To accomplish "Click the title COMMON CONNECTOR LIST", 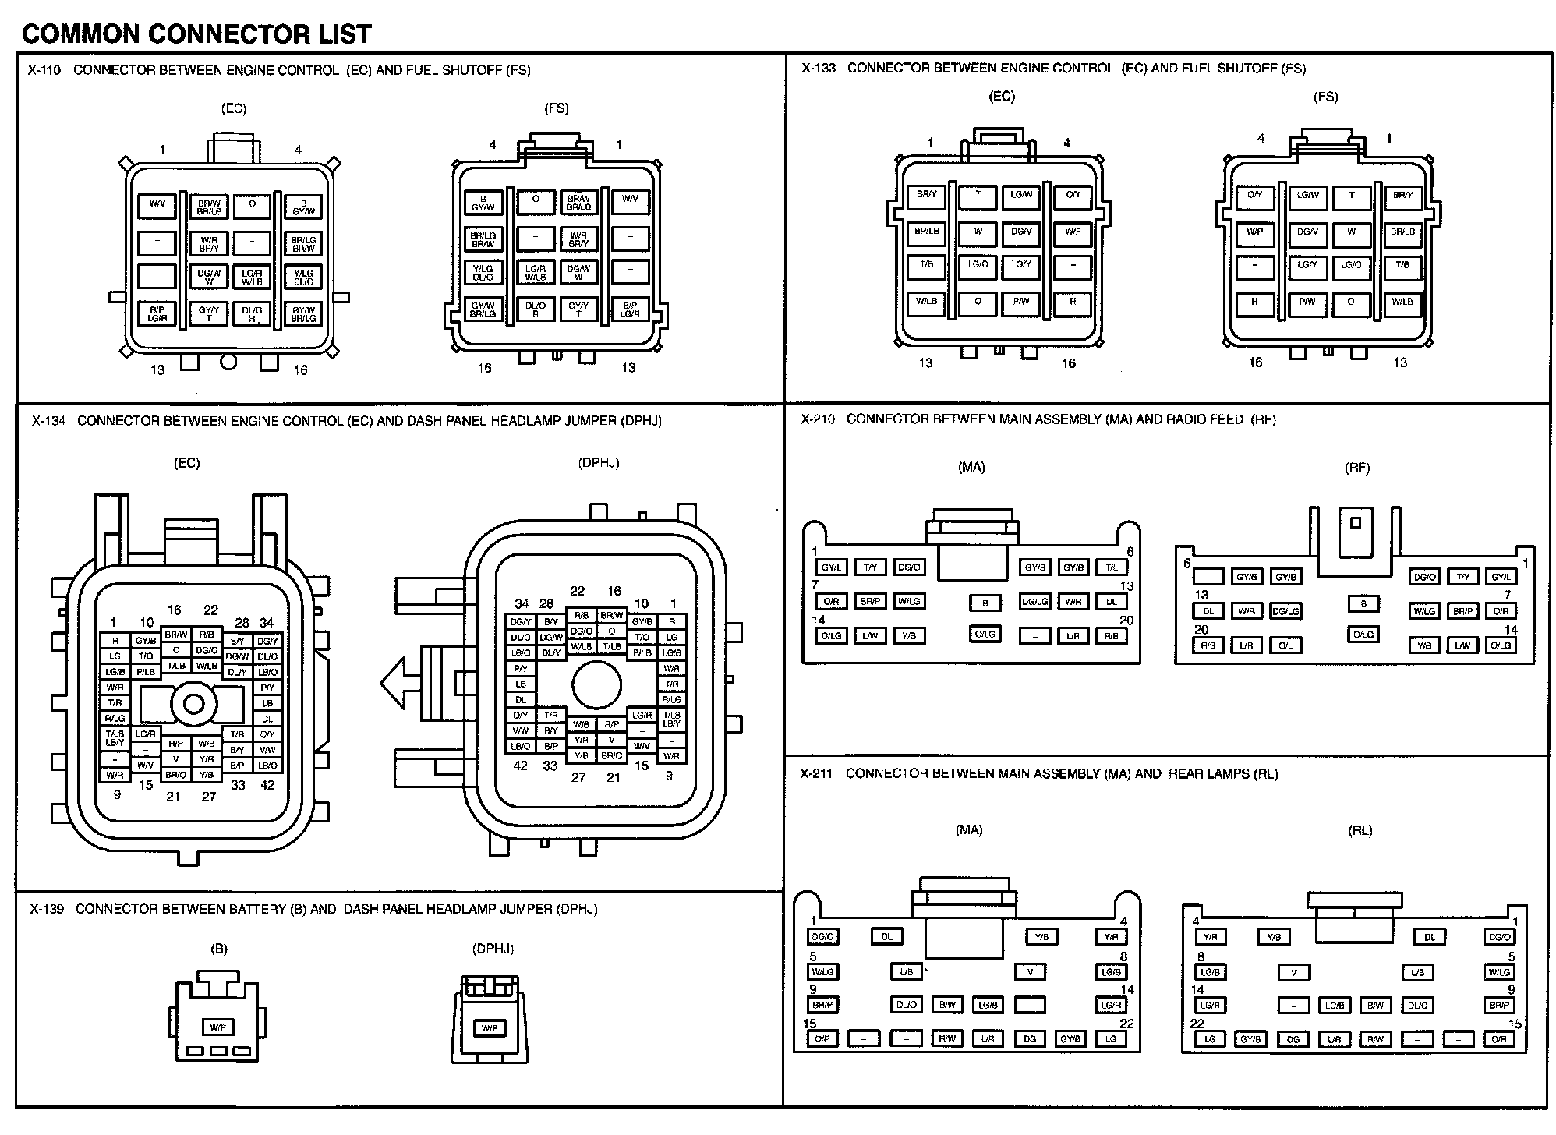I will point(196,34).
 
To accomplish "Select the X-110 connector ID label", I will point(44,70).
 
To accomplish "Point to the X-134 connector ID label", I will point(48,421).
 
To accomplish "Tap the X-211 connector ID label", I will point(816,773).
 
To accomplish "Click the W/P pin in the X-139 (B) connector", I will point(218,1027).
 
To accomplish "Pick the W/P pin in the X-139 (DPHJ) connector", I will point(490,1028).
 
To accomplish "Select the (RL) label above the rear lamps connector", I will point(1360,831).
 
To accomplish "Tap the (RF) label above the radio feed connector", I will point(1357,468).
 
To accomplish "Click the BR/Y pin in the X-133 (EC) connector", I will point(926,195).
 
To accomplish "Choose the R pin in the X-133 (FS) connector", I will point(1254,302).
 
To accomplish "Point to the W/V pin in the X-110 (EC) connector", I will point(157,204).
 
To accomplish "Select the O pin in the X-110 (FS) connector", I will point(536,200).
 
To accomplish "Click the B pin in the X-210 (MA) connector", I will point(985,603).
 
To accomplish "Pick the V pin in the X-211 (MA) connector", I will point(1030,972).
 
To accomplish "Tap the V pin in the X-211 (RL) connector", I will point(1294,972).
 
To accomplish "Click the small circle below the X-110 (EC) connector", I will point(228,361).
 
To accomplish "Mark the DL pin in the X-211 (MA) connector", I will point(886,936).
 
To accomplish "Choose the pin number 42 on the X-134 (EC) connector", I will point(267,785).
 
